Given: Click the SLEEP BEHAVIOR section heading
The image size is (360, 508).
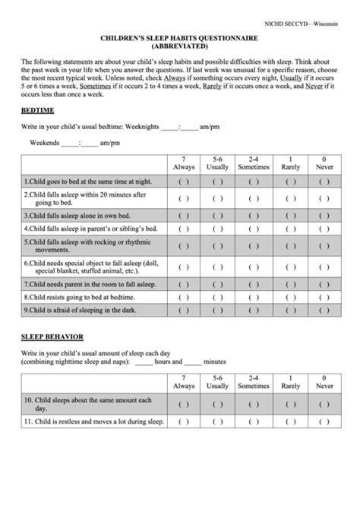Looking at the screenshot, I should (52, 336).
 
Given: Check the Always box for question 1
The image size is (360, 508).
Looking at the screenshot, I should (184, 182).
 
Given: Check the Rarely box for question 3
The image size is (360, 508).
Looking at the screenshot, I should (289, 215).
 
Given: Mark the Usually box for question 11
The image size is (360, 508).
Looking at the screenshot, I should (218, 422).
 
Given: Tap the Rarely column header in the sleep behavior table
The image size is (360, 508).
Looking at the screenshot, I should (289, 383).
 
